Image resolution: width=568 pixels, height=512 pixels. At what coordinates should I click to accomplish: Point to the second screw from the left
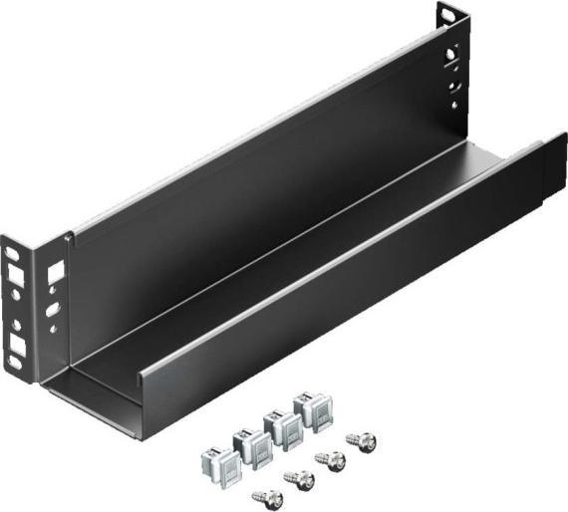point(299,479)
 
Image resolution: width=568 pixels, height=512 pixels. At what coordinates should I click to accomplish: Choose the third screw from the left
point(330,460)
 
